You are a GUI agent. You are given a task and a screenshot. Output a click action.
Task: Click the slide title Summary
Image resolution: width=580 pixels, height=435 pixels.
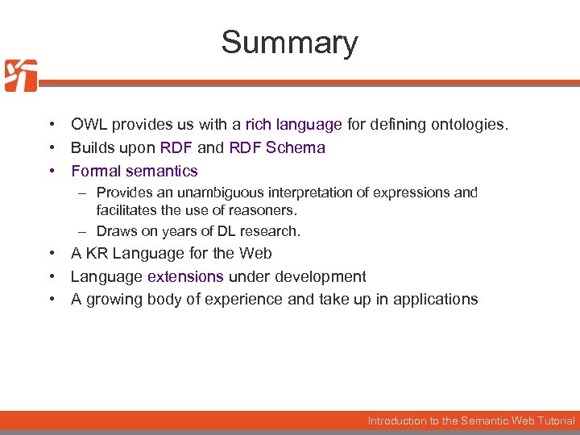[289, 42]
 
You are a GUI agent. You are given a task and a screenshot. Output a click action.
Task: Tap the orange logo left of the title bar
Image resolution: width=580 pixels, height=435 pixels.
[21, 76]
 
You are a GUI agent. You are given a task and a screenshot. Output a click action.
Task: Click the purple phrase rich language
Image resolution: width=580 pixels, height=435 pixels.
[294, 125]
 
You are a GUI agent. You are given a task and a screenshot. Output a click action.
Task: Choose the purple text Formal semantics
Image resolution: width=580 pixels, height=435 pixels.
[135, 171]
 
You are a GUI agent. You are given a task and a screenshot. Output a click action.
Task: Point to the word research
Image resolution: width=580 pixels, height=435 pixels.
[271, 231]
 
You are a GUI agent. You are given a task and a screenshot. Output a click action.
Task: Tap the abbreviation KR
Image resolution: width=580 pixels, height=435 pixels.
[96, 253]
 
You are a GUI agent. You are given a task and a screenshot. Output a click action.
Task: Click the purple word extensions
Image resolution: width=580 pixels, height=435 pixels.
[185, 276]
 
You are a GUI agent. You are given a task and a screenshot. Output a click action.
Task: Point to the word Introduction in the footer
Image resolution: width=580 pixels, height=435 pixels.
[397, 420]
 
